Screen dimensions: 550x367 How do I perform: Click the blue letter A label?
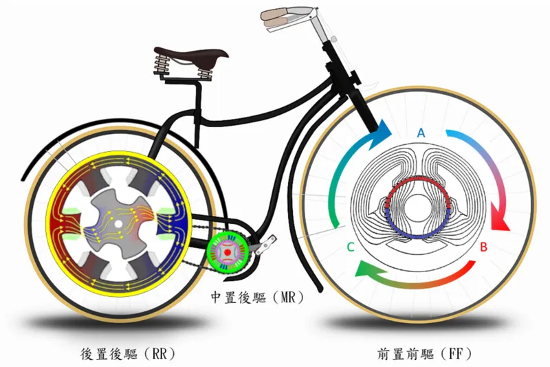pos(421,133)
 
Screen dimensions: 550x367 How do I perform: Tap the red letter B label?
pos(484,247)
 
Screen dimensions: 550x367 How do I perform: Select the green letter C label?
pos(351,247)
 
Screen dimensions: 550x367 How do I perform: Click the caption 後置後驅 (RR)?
pos(128,354)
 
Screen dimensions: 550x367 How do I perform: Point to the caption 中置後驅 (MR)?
pos(257,298)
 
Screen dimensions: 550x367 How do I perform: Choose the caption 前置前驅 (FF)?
pos(424,354)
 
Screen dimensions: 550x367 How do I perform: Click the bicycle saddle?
pos(194,56)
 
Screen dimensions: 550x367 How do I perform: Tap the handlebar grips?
pos(277,19)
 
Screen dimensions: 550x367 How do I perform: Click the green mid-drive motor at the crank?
pos(228,252)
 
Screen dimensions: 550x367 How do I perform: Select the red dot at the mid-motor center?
pos(228,252)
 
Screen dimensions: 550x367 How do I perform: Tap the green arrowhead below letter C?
pos(365,270)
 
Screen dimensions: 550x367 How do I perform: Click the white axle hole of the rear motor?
pos(118,223)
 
